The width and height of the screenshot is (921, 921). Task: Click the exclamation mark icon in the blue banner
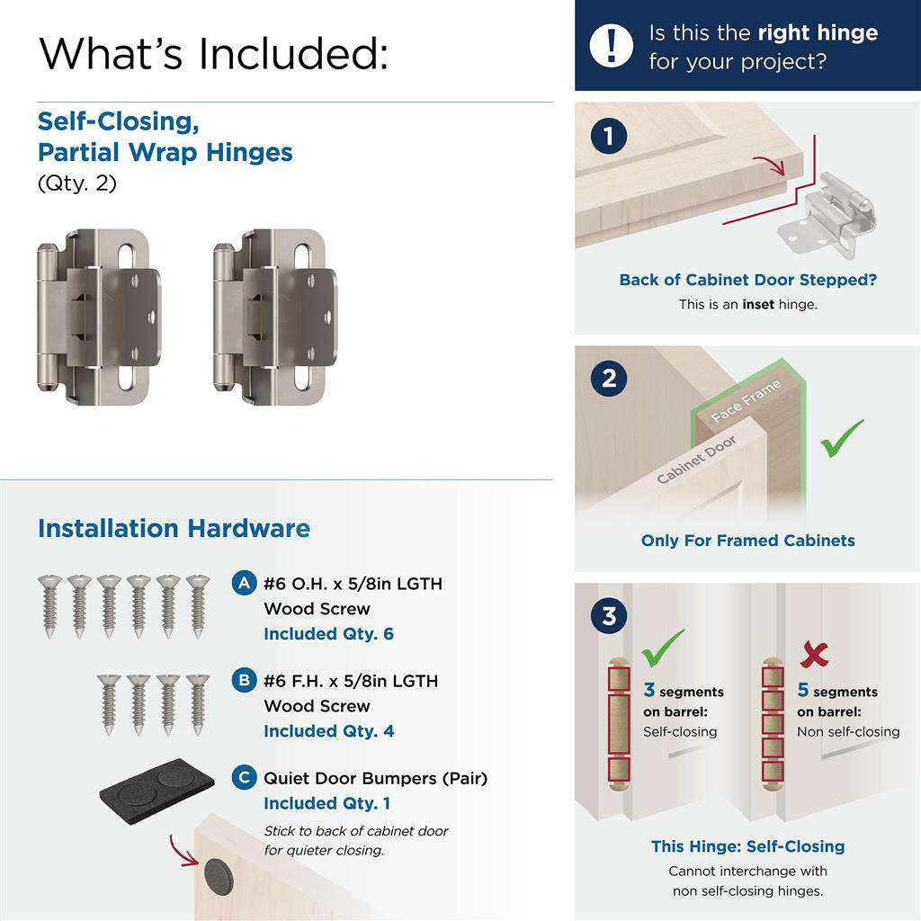click(612, 44)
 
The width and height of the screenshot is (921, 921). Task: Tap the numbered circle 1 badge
click(609, 137)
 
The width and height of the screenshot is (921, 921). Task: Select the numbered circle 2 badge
click(609, 378)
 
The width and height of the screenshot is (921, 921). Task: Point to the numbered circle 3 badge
click(609, 617)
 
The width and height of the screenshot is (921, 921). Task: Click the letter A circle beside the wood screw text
click(243, 583)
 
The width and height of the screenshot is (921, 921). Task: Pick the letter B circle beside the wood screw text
click(243, 680)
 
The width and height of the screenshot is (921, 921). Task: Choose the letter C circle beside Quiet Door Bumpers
click(243, 777)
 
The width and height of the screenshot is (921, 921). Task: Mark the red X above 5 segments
click(813, 655)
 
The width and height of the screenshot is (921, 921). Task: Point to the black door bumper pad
click(156, 783)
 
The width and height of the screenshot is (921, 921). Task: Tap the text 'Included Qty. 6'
click(328, 634)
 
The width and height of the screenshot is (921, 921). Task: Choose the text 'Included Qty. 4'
click(328, 731)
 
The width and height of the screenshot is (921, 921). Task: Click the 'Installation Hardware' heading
click(174, 528)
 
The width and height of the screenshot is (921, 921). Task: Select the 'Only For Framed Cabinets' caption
click(747, 541)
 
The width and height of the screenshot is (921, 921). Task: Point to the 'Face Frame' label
click(746, 402)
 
